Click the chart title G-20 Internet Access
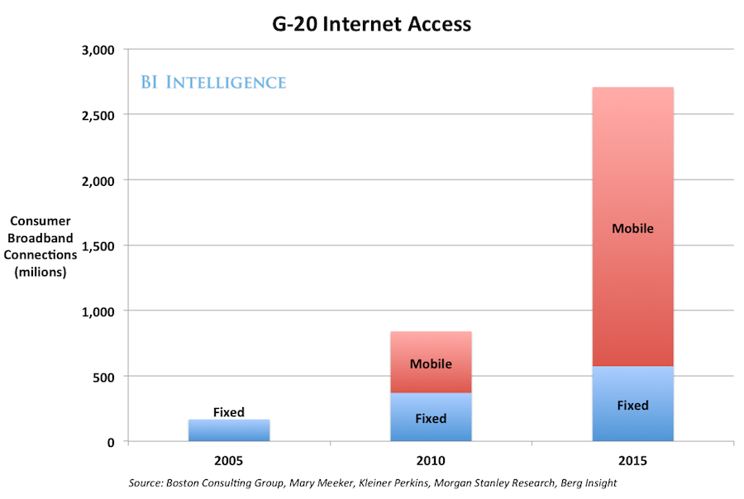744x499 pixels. [x=371, y=23]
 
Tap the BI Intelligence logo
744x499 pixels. [x=212, y=82]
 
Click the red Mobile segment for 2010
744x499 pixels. [x=431, y=362]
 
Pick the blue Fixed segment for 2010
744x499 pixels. [x=431, y=417]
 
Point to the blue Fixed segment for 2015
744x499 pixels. [x=632, y=404]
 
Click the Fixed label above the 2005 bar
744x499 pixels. [x=228, y=411]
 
